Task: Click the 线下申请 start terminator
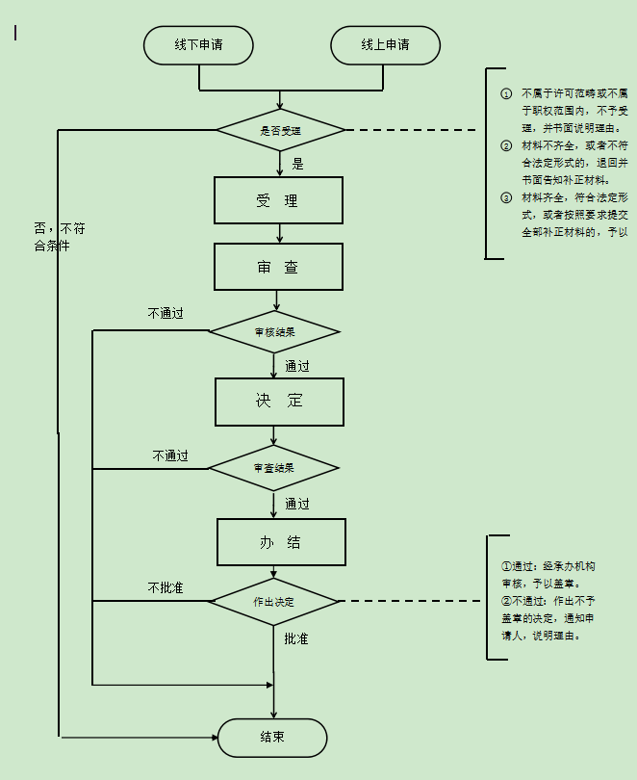point(198,45)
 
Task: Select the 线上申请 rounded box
point(385,45)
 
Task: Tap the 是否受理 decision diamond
point(280,129)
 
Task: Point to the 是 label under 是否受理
point(297,164)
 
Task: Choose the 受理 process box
point(278,200)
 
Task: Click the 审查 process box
point(278,267)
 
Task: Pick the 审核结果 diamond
point(275,332)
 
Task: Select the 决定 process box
point(279,401)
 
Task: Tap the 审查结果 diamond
point(274,468)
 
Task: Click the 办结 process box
point(281,542)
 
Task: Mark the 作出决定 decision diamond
point(274,602)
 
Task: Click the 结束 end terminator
point(272,738)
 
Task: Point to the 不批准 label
point(166,587)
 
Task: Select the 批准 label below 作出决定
point(296,638)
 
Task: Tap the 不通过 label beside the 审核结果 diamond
point(166,314)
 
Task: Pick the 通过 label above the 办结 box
point(297,504)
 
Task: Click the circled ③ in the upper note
point(507,197)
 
